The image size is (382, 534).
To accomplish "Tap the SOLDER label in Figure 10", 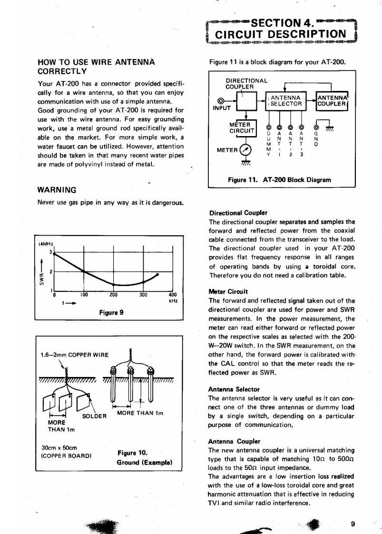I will (93, 415).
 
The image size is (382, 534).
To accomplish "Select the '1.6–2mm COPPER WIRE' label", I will (74, 355).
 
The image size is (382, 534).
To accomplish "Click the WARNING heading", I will (57, 189).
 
